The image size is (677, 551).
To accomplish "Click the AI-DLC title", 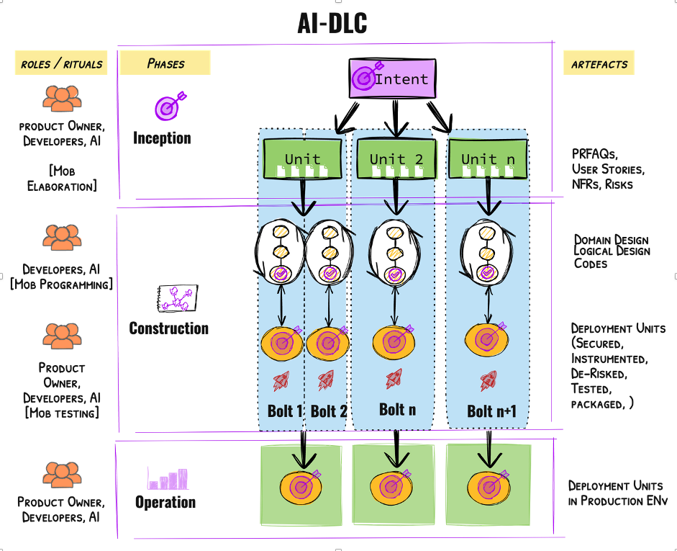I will (332, 23).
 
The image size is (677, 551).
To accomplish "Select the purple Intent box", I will (393, 79).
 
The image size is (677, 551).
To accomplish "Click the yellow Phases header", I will (165, 63).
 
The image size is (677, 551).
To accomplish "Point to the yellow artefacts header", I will (599, 64).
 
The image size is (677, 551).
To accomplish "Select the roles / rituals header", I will (61, 63).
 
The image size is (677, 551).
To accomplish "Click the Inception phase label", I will (162, 138).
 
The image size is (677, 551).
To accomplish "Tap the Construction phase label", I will (168, 328).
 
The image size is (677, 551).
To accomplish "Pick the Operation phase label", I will (165, 502).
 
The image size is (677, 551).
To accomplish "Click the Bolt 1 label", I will (285, 411).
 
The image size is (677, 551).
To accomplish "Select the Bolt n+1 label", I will (491, 411).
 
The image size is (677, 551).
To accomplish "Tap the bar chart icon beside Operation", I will (167, 478).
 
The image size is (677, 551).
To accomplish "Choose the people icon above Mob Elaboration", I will (61, 98).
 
